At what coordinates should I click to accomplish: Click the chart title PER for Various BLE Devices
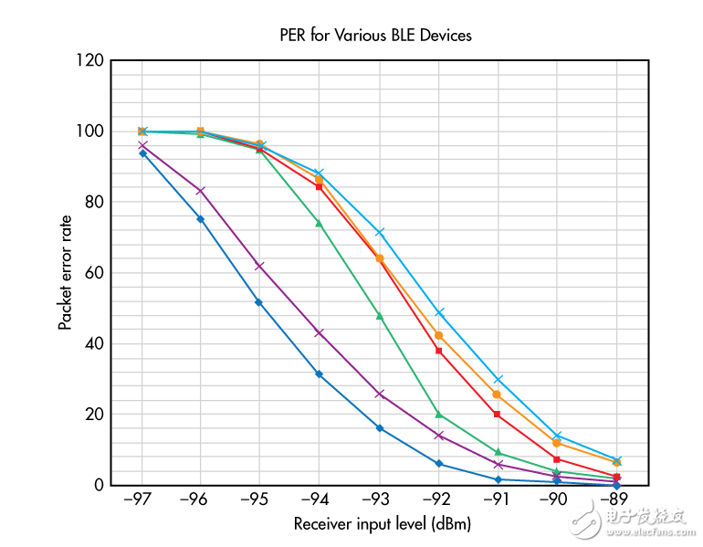pyautogui.click(x=375, y=36)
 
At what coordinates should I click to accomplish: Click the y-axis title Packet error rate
pyautogui.click(x=65, y=272)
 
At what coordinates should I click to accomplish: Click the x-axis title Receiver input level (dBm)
pyautogui.click(x=383, y=525)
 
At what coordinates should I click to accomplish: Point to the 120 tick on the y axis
pyautogui.click(x=91, y=60)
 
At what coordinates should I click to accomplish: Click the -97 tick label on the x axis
pyautogui.click(x=142, y=501)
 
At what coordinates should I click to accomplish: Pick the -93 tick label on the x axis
pyautogui.click(x=379, y=501)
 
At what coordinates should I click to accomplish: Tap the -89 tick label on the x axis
pyautogui.click(x=616, y=501)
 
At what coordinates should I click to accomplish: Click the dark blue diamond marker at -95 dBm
pyautogui.click(x=260, y=302)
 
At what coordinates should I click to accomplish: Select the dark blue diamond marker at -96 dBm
pyautogui.click(x=201, y=219)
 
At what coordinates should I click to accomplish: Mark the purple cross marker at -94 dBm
pyautogui.click(x=320, y=332)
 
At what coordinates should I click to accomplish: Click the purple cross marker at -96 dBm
pyautogui.click(x=201, y=191)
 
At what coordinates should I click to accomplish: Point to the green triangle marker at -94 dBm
pyautogui.click(x=320, y=223)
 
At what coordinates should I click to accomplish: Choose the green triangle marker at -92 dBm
pyautogui.click(x=438, y=415)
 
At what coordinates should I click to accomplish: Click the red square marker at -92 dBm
pyautogui.click(x=438, y=351)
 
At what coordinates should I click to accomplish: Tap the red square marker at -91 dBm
pyautogui.click(x=498, y=415)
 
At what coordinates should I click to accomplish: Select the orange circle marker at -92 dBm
pyautogui.click(x=438, y=335)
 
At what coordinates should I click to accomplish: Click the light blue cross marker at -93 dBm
pyautogui.click(x=379, y=233)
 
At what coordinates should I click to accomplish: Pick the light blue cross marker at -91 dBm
pyautogui.click(x=498, y=379)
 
